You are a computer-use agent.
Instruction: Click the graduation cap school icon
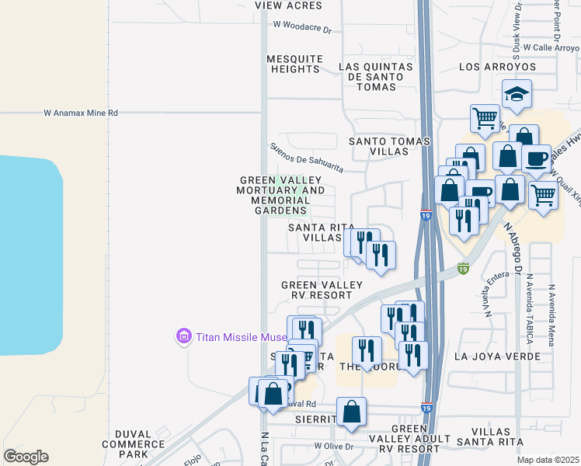[517, 95]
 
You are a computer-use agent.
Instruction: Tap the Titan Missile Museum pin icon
[184, 336]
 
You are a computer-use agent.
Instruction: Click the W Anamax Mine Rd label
[81, 113]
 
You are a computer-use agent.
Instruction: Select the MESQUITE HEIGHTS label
[294, 64]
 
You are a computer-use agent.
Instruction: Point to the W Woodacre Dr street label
[302, 25]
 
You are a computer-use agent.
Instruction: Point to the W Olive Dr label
[334, 447]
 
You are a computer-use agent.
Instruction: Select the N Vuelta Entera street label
[488, 297]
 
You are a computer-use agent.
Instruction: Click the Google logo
[26, 457]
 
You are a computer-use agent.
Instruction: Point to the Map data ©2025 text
[548, 460]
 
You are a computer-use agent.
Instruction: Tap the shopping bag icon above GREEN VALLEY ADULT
[351, 411]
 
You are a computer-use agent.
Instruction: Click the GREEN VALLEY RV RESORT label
[322, 290]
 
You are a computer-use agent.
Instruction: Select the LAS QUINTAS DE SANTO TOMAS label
[371, 77]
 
